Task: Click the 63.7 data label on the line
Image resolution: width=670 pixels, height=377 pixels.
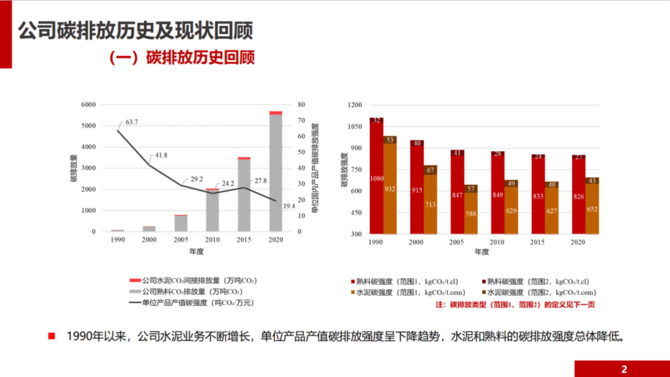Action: (132, 122)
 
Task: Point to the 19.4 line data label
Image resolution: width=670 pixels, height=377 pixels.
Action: (289, 206)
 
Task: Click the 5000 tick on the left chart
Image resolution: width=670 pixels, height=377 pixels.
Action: (88, 126)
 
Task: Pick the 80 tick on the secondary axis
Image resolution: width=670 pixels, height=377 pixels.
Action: (301, 105)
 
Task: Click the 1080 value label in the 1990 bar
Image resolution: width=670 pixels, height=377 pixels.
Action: (377, 178)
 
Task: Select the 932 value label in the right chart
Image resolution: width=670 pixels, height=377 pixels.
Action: (390, 189)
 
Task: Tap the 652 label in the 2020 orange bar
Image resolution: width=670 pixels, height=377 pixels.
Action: (592, 209)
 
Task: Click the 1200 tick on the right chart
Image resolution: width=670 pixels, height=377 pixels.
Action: (355, 105)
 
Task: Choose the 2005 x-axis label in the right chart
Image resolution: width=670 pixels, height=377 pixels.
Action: (456, 242)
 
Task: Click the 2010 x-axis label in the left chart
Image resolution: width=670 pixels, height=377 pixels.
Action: (212, 240)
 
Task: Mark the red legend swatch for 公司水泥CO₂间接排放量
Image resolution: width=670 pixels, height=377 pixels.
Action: (135, 281)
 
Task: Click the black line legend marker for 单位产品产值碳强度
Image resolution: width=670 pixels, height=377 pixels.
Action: (135, 303)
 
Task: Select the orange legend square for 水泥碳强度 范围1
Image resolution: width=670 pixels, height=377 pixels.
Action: (353, 292)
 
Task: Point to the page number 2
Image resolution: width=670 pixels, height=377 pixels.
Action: (624, 369)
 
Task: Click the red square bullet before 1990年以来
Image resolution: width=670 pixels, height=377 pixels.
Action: (52, 336)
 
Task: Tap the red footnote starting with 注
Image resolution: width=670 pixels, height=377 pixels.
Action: (515, 305)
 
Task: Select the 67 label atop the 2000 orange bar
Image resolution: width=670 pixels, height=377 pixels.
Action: (430, 170)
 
